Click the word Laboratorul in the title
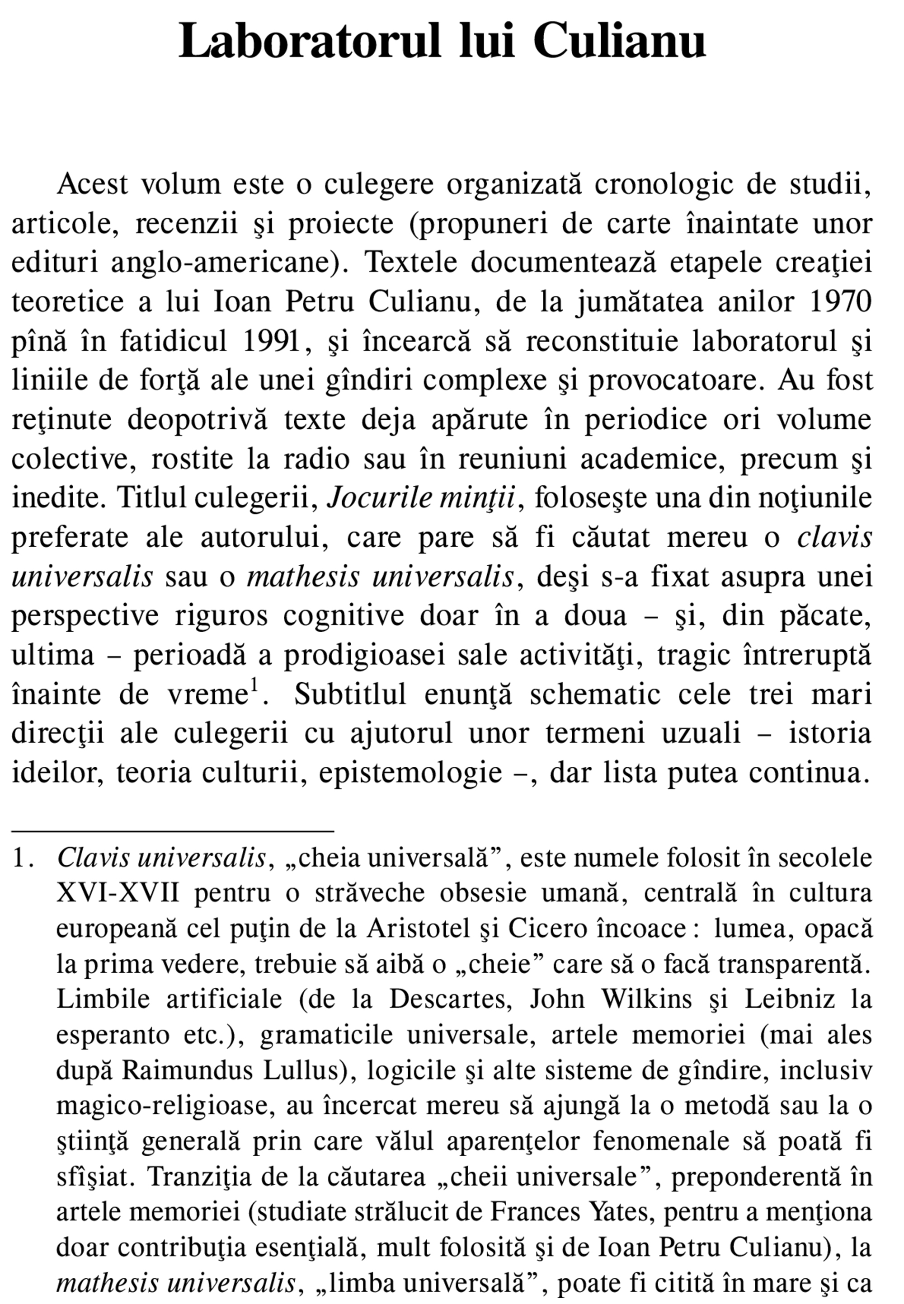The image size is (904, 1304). click(x=309, y=41)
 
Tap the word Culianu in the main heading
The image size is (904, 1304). click(x=619, y=41)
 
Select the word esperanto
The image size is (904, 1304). click(x=112, y=1036)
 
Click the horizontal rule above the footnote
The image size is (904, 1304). click(x=173, y=831)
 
